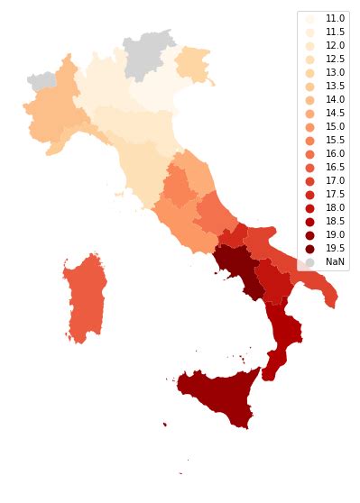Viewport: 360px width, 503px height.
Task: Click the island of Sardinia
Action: click(x=86, y=297)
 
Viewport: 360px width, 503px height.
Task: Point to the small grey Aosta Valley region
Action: click(x=42, y=80)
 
